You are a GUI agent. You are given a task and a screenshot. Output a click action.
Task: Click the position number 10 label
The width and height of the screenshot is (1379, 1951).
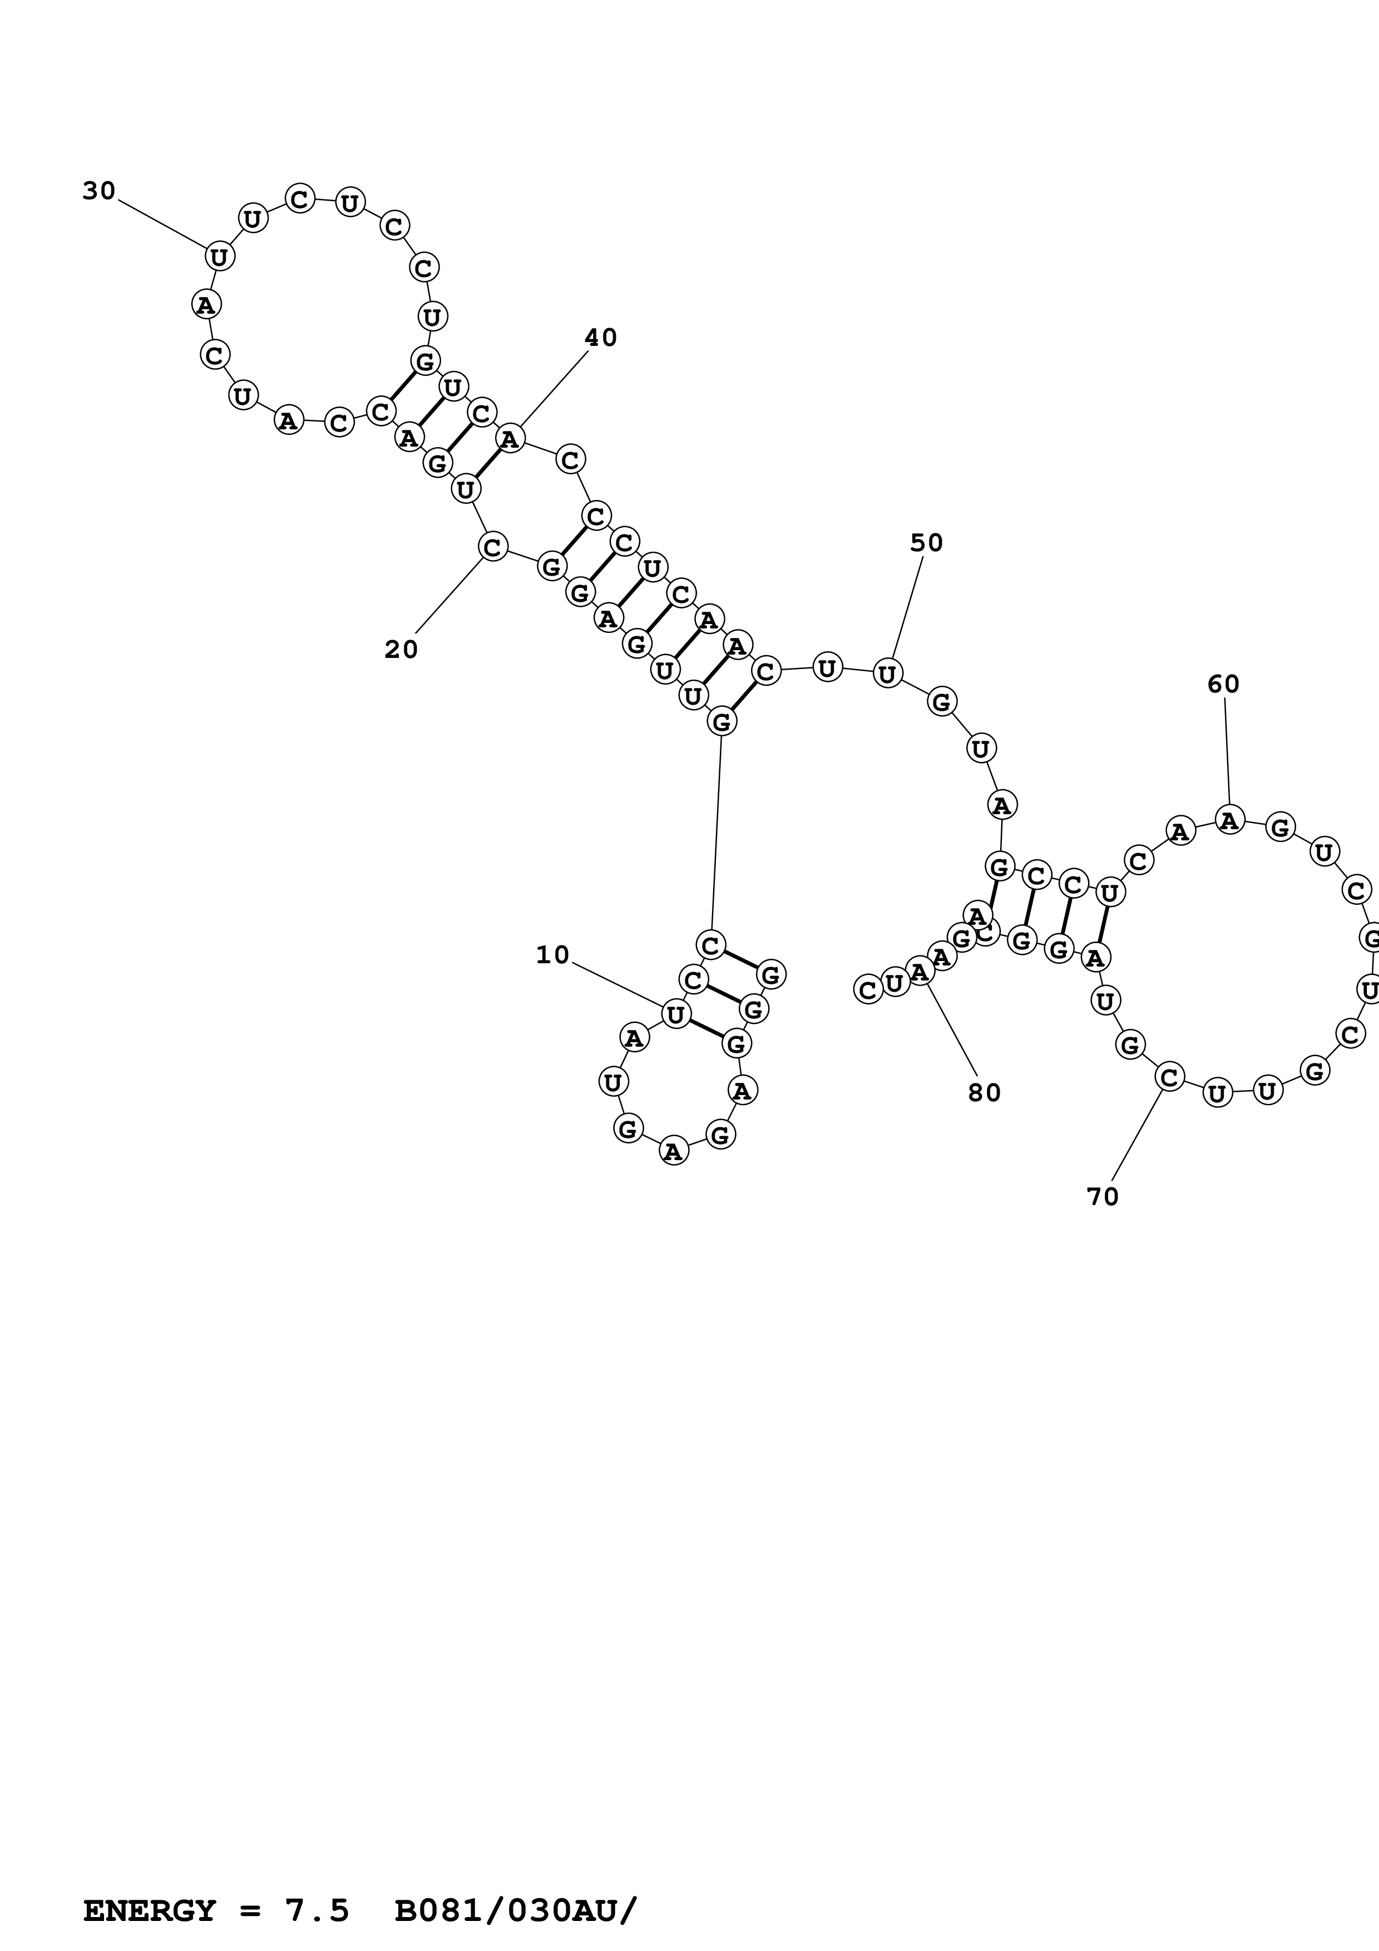click(552, 955)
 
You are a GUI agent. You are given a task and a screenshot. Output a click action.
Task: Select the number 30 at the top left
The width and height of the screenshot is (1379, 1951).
click(98, 191)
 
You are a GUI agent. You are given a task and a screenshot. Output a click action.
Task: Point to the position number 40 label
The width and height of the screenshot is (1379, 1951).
click(600, 338)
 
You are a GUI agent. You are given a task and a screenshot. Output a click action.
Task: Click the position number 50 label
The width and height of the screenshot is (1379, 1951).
click(926, 542)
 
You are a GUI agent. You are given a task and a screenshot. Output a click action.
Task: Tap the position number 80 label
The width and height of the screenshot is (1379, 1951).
click(984, 1093)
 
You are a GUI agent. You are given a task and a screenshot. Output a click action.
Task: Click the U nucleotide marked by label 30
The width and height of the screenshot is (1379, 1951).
click(219, 256)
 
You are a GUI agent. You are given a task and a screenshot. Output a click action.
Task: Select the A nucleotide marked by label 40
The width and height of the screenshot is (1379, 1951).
click(510, 438)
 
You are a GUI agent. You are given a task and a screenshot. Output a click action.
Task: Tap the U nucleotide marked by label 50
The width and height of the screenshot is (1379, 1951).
click(887, 674)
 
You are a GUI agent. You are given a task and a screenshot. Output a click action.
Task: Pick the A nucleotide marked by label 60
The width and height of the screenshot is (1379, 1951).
click(1229, 820)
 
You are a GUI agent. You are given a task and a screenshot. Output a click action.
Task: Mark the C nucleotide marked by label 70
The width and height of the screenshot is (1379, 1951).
click(1169, 1077)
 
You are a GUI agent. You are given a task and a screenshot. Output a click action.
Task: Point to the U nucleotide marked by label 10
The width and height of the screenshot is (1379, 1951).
click(675, 1014)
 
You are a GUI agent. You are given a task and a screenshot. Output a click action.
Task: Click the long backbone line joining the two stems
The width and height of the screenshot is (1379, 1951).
click(716, 833)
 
